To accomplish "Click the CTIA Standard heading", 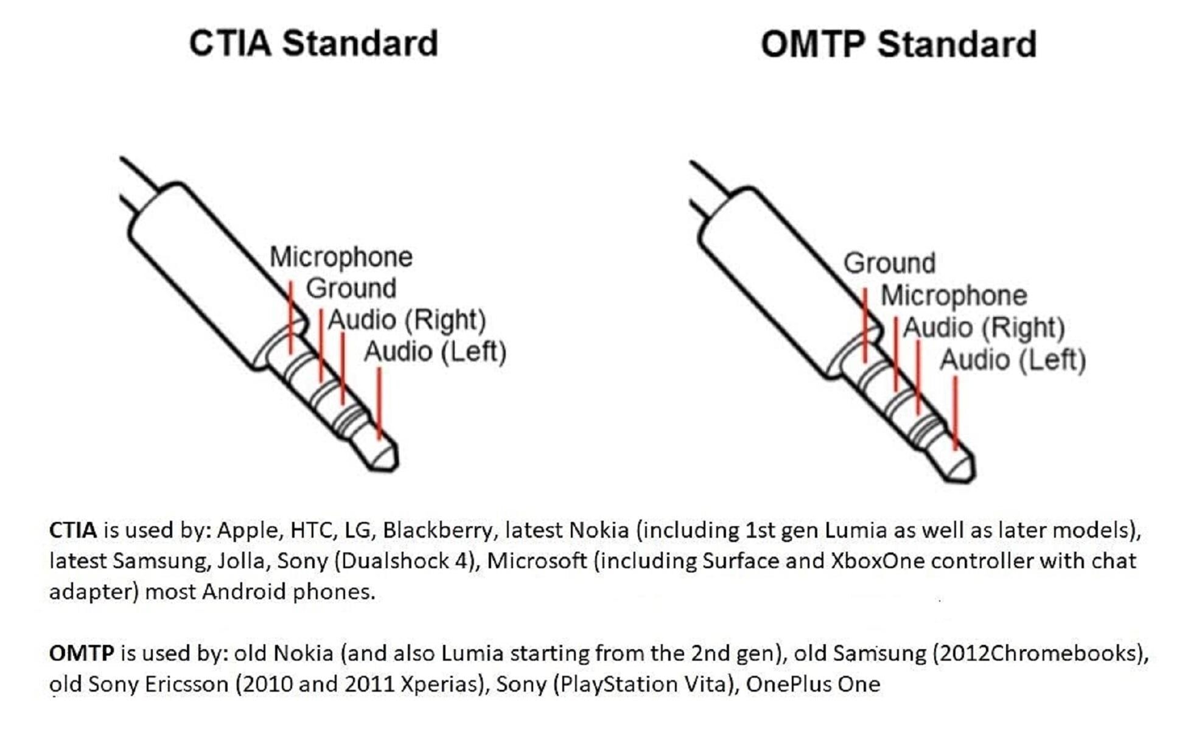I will click(313, 44).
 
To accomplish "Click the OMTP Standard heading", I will click(898, 45).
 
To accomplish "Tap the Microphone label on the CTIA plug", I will click(341, 257).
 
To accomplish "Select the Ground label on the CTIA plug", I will click(351, 288).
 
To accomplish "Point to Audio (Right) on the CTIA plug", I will click(407, 321).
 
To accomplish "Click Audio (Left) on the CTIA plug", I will click(435, 352).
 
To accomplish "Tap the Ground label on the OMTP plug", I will click(889, 264).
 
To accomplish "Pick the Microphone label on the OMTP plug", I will click(954, 296).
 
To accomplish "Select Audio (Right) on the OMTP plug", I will click(983, 328).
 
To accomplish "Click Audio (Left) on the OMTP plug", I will click(1013, 360).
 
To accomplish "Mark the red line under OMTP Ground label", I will click(865, 325).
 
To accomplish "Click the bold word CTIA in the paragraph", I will click(72, 530).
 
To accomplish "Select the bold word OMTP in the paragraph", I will click(82, 654).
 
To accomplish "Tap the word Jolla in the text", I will click(241, 561).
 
